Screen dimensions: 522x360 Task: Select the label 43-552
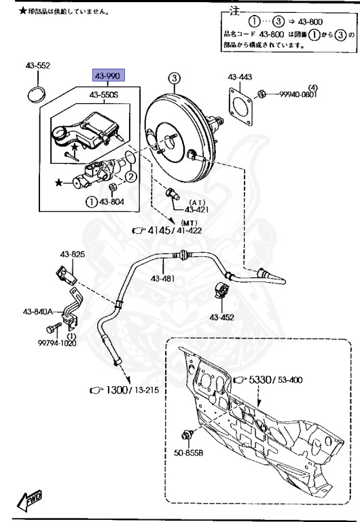coord(39,66)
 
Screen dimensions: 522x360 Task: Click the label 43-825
coord(73,256)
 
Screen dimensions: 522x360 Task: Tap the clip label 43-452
coord(222,317)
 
